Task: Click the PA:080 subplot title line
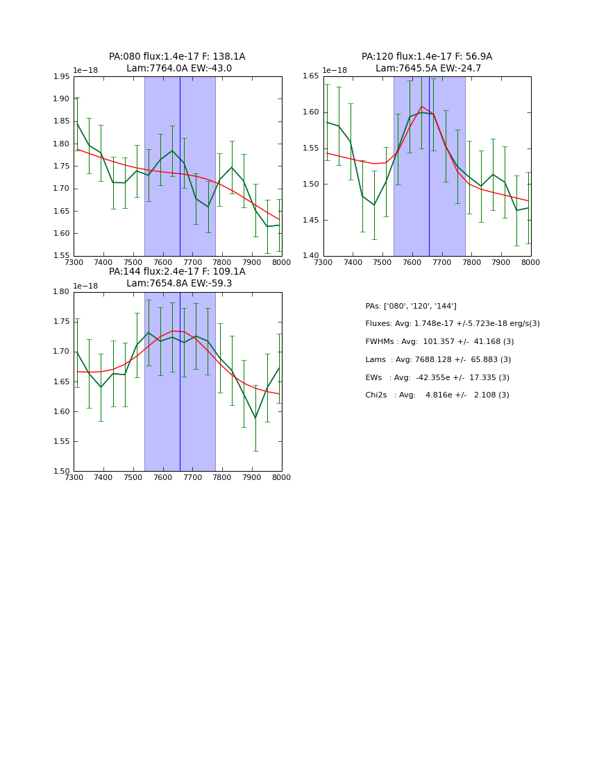click(x=177, y=57)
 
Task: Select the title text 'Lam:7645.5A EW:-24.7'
click(x=428, y=69)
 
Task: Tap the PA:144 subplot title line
click(x=177, y=272)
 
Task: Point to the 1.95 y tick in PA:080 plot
click(x=62, y=76)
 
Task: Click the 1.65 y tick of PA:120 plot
click(x=310, y=76)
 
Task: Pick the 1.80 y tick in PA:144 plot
click(x=62, y=292)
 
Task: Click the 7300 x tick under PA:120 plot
click(x=323, y=263)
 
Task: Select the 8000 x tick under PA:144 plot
click(x=281, y=478)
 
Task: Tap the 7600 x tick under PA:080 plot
click(x=162, y=263)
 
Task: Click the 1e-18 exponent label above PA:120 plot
click(x=335, y=70)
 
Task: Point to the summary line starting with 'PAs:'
click(x=411, y=307)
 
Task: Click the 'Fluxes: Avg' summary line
click(x=452, y=324)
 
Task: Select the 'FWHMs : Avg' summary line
click(x=439, y=342)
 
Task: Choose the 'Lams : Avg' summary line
click(x=438, y=360)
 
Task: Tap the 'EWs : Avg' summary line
click(x=437, y=378)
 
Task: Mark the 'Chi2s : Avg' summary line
click(x=437, y=395)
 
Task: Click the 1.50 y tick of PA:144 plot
click(x=62, y=471)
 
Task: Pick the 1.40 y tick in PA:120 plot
click(x=310, y=256)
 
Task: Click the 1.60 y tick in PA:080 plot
click(x=62, y=233)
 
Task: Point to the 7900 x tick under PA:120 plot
click(x=501, y=263)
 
